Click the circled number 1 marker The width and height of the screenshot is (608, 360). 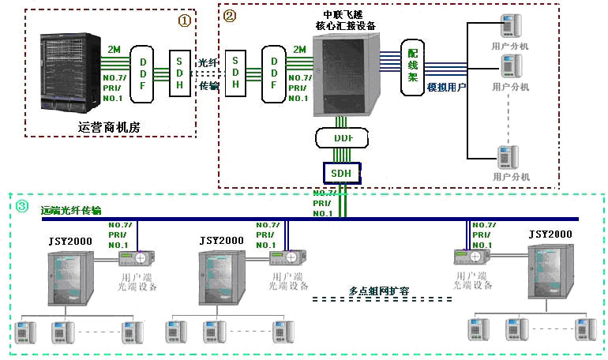coord(184,21)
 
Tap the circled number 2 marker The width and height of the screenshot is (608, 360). coord(230,15)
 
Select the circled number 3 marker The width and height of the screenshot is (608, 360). coord(23,207)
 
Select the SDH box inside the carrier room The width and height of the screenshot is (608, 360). coord(182,73)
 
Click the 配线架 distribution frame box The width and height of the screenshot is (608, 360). coord(412,67)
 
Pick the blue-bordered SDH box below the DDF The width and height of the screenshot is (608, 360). coord(342,172)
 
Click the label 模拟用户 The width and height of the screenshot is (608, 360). coord(446,87)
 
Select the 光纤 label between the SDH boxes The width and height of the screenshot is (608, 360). coord(206,62)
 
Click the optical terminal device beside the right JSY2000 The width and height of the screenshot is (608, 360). coord(472,257)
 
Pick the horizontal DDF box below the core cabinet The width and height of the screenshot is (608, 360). coord(342,139)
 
